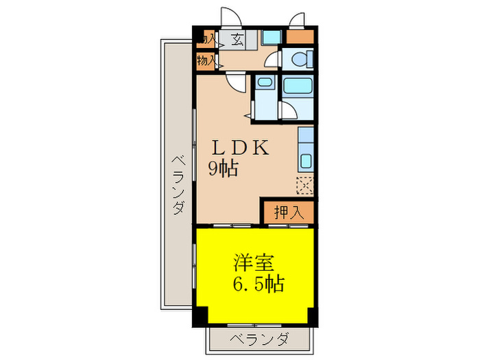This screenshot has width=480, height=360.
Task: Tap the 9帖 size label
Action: (224, 168)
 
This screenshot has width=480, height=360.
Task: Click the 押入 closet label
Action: (289, 212)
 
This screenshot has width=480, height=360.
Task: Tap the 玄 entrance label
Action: (237, 39)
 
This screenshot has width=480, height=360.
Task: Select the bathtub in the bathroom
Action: (298, 86)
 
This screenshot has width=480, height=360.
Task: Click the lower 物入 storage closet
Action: (206, 61)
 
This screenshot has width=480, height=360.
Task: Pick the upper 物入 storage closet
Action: (206, 39)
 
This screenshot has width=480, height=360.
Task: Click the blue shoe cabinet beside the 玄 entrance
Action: (272, 38)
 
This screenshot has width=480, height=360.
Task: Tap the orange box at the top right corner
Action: (299, 38)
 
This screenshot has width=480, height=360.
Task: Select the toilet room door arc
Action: (273, 59)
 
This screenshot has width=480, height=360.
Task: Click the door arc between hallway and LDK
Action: (235, 82)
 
